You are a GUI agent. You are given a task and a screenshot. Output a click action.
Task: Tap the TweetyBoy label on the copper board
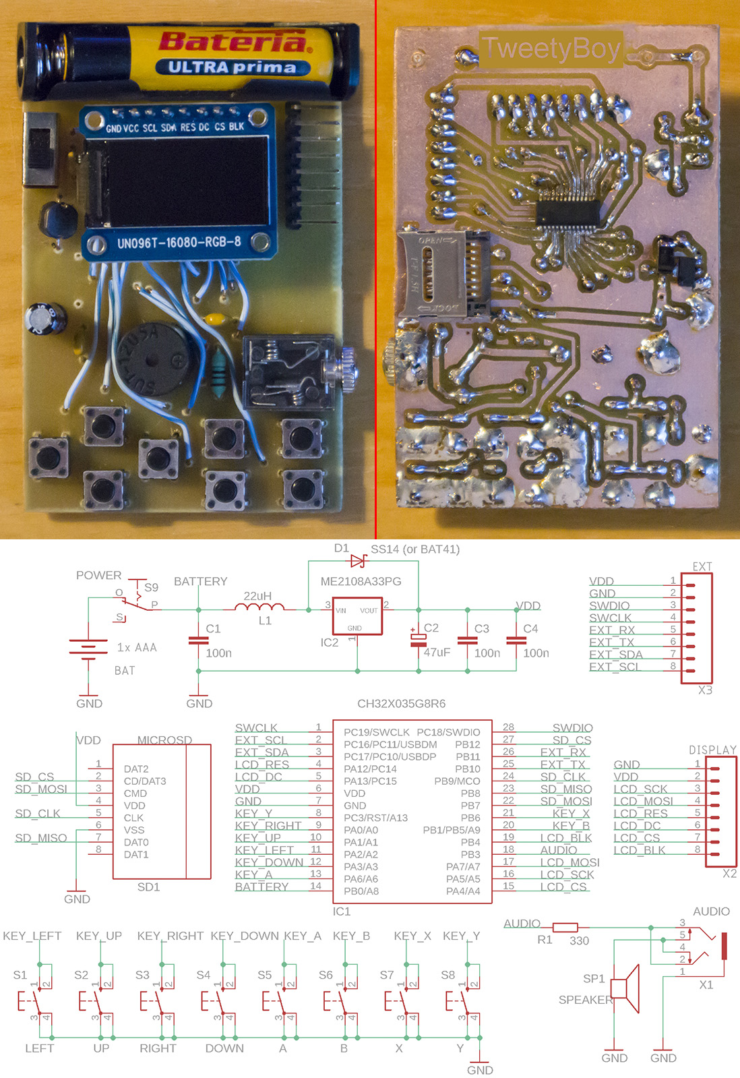[x=551, y=49]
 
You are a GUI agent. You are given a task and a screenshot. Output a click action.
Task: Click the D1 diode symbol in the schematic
[x=358, y=561]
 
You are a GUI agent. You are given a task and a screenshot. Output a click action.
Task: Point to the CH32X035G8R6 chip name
[x=401, y=704]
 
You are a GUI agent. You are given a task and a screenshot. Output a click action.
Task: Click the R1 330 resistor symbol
[x=565, y=928]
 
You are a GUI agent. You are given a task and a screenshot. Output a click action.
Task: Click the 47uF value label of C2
[x=437, y=653]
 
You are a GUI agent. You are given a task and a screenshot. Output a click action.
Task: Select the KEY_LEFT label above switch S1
[x=32, y=936]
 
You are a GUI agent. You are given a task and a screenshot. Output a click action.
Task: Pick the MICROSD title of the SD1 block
[x=164, y=740]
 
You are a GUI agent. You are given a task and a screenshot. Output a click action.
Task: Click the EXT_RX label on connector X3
[x=611, y=630]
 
